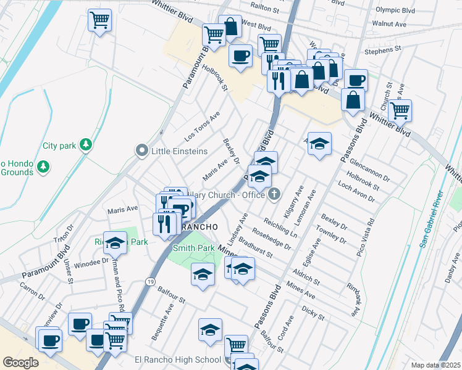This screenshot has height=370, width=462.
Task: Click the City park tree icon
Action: click(x=86, y=145)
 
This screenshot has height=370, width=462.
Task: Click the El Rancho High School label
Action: click(x=178, y=360)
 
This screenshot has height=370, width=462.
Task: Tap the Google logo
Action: click(x=20, y=363)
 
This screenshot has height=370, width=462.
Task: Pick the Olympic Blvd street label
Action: click(x=395, y=10)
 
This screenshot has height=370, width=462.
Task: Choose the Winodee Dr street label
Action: click(x=91, y=262)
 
